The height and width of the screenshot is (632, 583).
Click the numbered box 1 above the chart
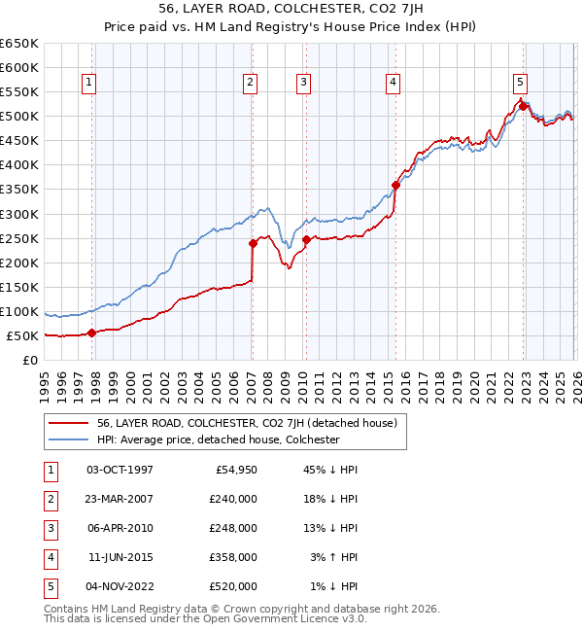click(88, 84)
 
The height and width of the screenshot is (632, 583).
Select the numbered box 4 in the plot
click(394, 84)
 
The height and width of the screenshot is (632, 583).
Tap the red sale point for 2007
click(252, 243)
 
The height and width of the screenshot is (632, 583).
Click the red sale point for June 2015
click(395, 185)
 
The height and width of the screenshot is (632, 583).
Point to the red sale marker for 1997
click(92, 333)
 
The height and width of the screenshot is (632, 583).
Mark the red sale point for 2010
click(306, 239)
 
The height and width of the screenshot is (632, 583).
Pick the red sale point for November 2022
click(523, 106)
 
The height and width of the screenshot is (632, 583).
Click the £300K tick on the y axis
click(21, 214)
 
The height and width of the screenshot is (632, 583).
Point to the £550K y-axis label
click(21, 92)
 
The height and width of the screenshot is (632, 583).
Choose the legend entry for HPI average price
click(218, 439)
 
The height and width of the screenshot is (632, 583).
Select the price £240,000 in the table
click(232, 499)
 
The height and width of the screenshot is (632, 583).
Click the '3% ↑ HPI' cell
click(336, 557)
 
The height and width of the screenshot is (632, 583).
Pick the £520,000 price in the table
click(232, 586)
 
